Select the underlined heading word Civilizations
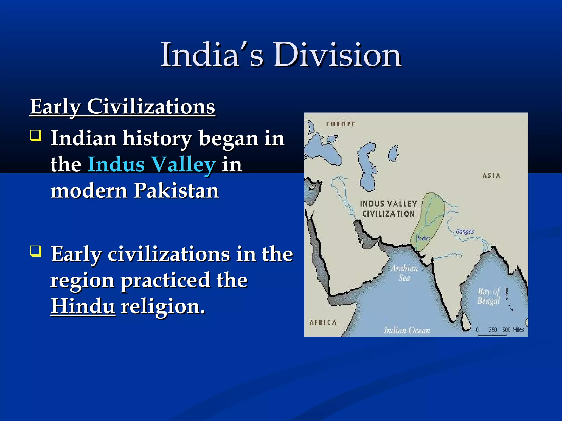pyautogui.click(x=151, y=107)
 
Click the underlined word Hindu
pyautogui.click(x=83, y=306)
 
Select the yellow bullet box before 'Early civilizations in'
pyautogui.click(x=36, y=251)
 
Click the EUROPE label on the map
pyautogui.click(x=341, y=124)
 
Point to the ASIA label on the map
pyautogui.click(x=491, y=175)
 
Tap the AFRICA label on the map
pyautogui.click(x=323, y=322)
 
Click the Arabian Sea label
pyautogui.click(x=404, y=273)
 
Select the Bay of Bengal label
pyautogui.click(x=489, y=296)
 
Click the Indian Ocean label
pyautogui.click(x=407, y=330)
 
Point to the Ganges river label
pyautogui.click(x=465, y=232)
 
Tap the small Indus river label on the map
pyautogui.click(x=423, y=238)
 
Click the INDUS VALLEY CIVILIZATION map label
pyautogui.click(x=388, y=209)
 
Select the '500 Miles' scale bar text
pyautogui.click(x=513, y=330)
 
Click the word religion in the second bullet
pyautogui.click(x=163, y=306)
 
